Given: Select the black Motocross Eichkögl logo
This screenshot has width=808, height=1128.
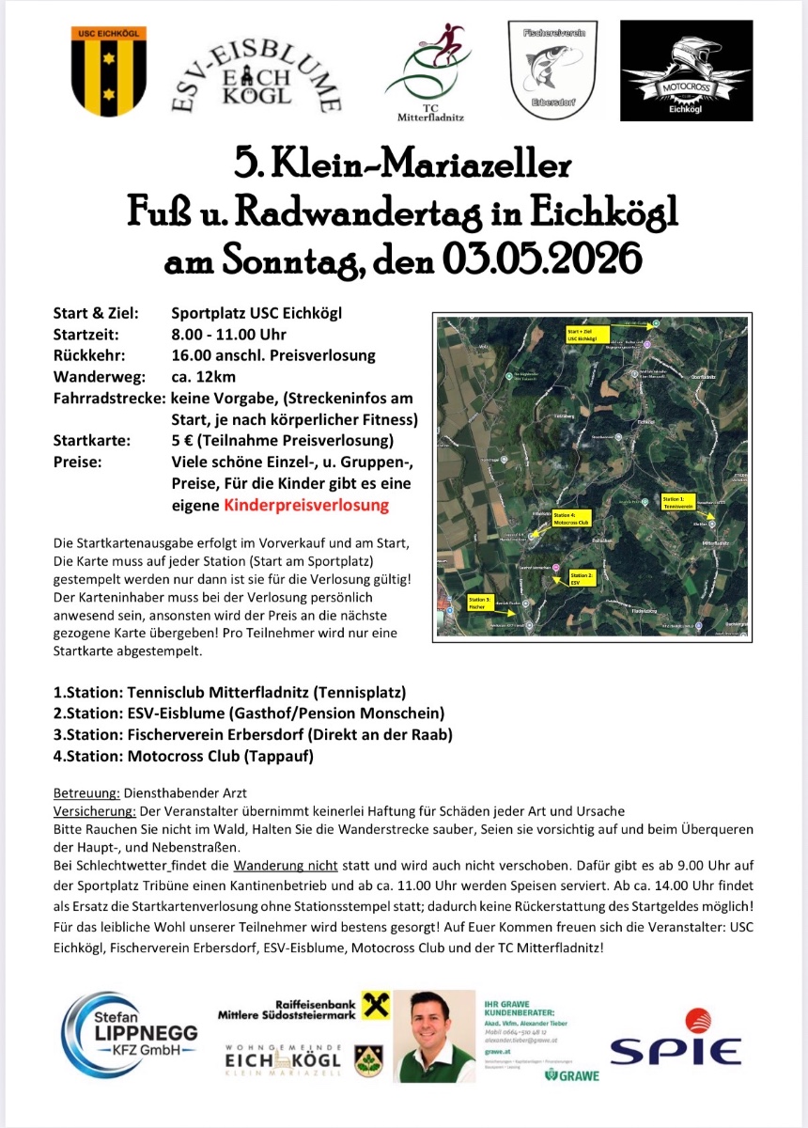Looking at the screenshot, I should click(x=686, y=70).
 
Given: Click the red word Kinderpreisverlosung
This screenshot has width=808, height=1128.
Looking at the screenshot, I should click(x=306, y=505).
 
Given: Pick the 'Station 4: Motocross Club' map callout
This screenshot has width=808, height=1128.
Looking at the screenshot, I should click(x=570, y=518).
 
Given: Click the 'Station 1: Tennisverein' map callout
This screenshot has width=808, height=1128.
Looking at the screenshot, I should click(x=679, y=502).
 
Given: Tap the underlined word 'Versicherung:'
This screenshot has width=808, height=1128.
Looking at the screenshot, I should click(x=94, y=810).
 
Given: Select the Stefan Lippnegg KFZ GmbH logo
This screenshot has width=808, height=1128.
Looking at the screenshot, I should click(x=132, y=1035).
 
